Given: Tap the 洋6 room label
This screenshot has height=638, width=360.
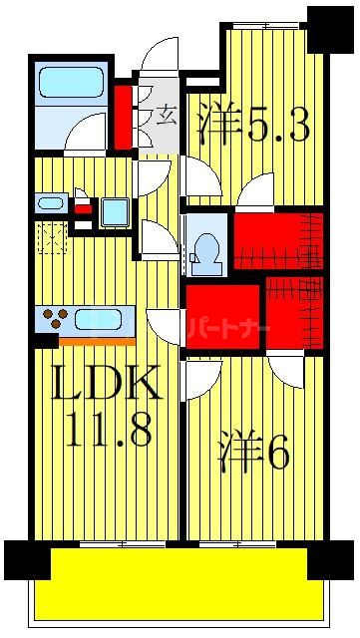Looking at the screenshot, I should click(253, 454).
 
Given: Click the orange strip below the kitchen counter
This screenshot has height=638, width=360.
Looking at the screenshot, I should click(97, 341).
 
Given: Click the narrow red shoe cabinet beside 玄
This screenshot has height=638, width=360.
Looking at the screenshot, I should click(124, 116).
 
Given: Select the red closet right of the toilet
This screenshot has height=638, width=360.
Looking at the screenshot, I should click(278, 240).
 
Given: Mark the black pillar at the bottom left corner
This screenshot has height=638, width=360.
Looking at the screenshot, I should click(26, 561).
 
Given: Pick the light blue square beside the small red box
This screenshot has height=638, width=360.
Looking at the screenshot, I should click(115, 211).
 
